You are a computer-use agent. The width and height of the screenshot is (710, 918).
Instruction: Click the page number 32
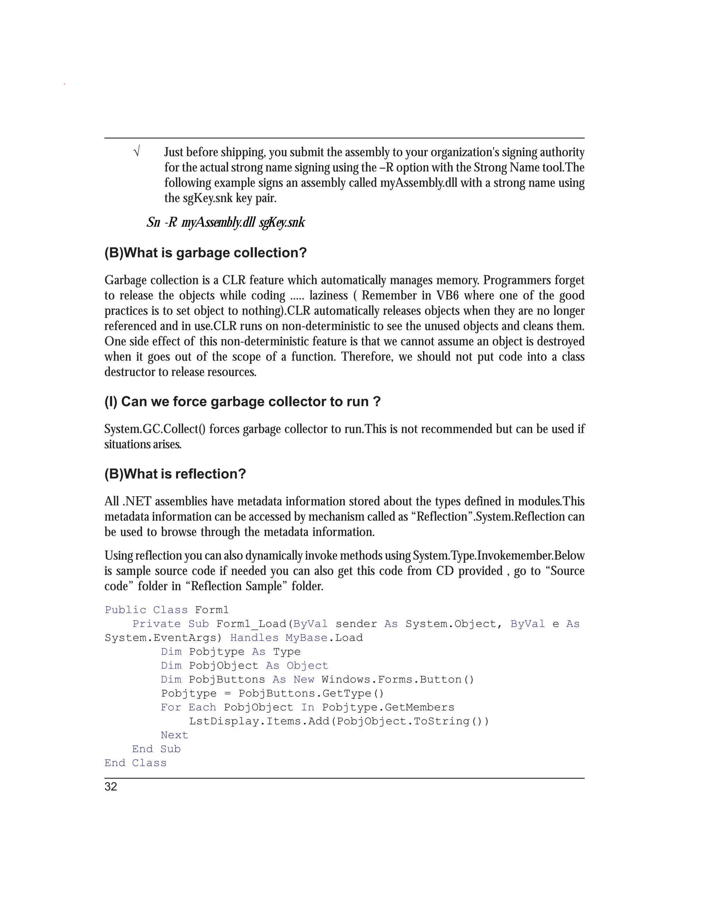point(111,787)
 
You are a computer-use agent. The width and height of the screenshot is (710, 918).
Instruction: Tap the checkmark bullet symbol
point(136,151)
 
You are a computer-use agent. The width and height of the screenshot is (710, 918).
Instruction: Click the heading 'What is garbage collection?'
point(206,253)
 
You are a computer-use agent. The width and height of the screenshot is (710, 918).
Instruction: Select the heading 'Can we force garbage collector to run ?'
point(242,401)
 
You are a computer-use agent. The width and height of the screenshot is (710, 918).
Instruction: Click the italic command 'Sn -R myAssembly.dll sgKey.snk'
point(225,222)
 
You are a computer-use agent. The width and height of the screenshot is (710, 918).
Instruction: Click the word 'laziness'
point(329,295)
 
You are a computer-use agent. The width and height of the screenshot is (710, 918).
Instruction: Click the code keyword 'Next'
point(174,735)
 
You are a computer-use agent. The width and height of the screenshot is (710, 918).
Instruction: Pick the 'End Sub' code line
point(156,749)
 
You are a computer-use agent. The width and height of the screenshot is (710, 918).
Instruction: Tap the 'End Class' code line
point(136,763)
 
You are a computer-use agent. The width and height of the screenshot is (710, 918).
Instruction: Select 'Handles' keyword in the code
point(254,638)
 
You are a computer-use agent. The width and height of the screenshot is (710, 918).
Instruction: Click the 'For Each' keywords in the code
point(188,707)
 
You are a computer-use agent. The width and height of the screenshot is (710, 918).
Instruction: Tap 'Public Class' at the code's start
point(146,610)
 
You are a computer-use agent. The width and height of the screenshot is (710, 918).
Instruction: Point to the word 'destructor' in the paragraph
point(130,372)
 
